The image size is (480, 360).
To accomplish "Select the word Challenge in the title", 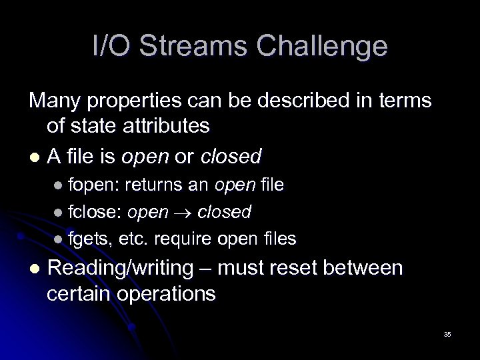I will coord(322,47).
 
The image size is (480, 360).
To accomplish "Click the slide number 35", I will coord(447,334).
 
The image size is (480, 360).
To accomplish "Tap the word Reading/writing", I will coord(129,268).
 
